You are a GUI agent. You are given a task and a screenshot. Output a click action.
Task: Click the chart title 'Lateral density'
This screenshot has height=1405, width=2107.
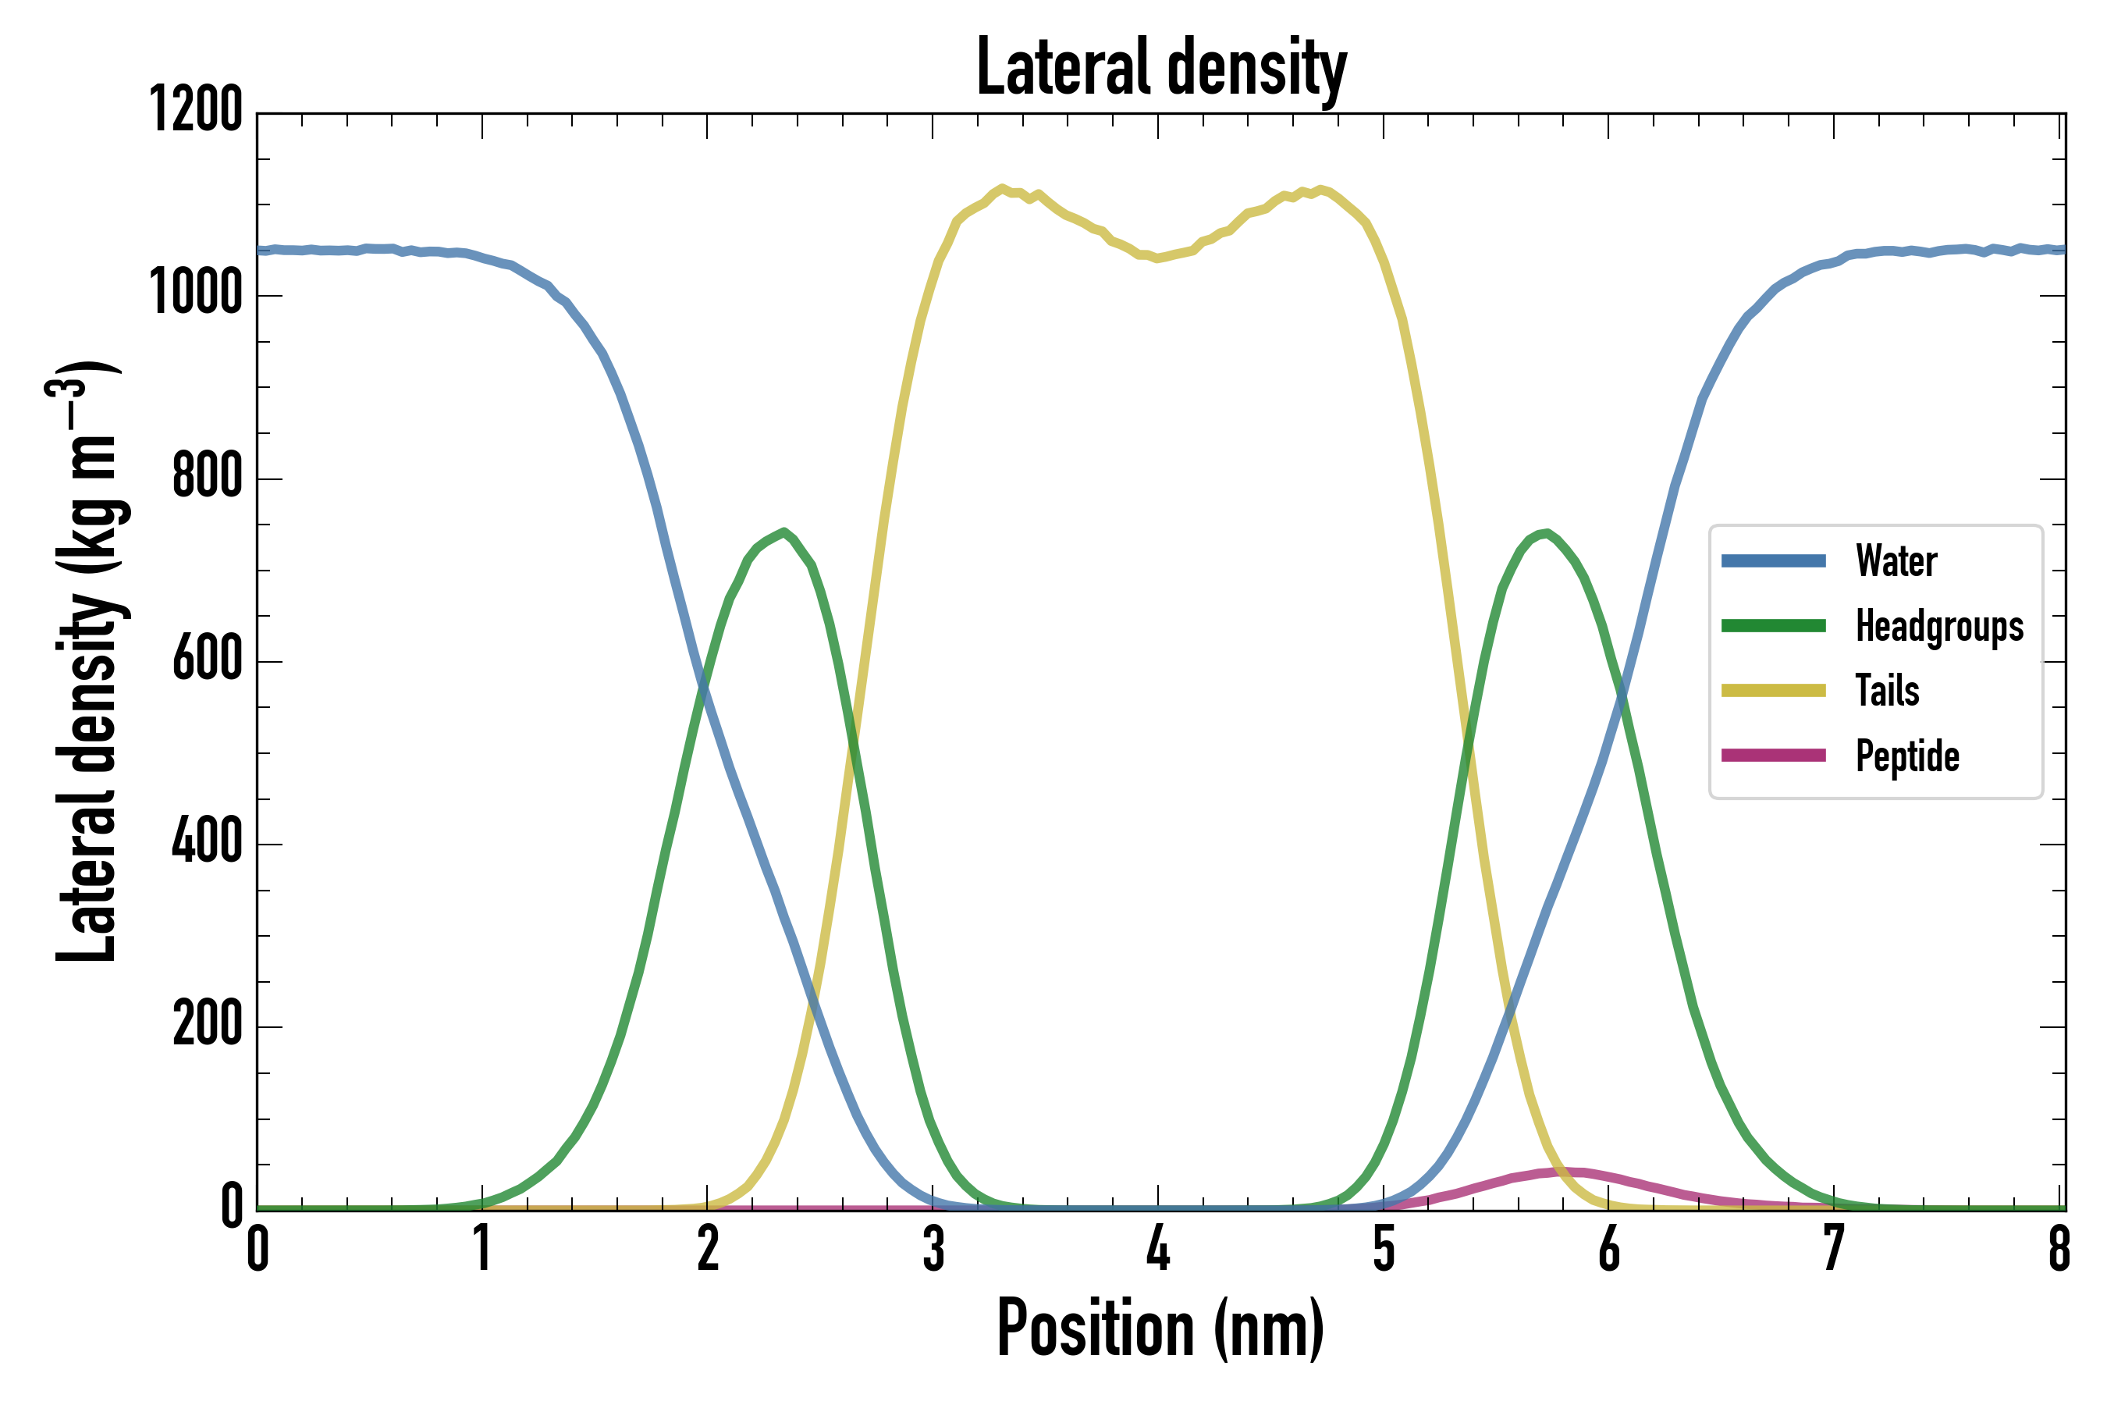click(x=1161, y=68)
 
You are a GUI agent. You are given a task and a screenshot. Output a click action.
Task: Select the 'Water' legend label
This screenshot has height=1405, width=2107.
click(x=1896, y=562)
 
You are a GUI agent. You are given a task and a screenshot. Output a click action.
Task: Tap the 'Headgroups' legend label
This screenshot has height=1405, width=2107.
click(x=1939, y=626)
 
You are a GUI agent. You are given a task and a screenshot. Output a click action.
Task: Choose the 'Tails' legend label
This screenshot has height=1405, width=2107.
click(x=1887, y=691)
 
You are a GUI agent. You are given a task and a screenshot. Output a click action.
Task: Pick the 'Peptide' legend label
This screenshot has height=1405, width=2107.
click(x=1907, y=756)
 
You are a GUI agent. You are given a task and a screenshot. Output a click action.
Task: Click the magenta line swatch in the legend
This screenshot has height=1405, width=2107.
click(x=1773, y=756)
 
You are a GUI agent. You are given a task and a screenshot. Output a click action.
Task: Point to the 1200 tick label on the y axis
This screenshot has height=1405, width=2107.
click(x=195, y=111)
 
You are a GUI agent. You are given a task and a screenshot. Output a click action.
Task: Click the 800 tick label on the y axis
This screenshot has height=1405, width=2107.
click(x=207, y=477)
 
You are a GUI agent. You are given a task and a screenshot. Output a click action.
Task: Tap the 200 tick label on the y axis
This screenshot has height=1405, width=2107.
click(x=207, y=1024)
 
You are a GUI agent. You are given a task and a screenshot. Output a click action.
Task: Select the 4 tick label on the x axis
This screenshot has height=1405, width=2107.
click(x=1158, y=1248)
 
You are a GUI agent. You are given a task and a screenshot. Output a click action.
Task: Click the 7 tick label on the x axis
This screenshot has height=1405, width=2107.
click(x=1834, y=1248)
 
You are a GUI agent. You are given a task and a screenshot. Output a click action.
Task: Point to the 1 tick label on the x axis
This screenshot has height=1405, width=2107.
click(x=483, y=1248)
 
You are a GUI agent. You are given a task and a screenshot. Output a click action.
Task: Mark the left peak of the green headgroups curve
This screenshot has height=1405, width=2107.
click(x=783, y=532)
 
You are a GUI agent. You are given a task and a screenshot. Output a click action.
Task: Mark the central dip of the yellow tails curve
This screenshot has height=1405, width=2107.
click(x=1158, y=258)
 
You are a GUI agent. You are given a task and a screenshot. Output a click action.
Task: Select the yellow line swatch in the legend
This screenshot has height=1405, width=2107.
click(x=1773, y=691)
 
